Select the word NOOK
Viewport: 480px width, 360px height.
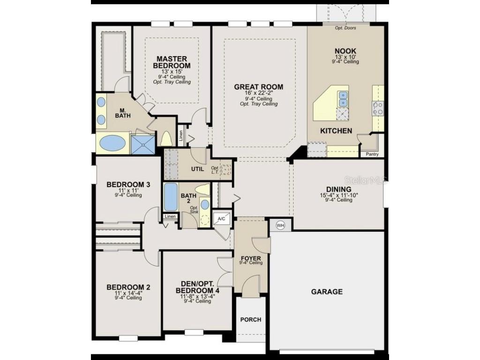click(345, 51)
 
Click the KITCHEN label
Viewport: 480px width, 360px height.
click(336, 131)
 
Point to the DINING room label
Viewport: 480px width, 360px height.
click(336, 189)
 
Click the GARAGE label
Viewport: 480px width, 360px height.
click(327, 292)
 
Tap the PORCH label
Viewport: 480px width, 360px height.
click(251, 320)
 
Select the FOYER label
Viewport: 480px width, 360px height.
click(251, 258)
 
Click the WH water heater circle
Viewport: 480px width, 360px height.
click(281, 225)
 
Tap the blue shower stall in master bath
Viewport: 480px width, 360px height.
click(142, 144)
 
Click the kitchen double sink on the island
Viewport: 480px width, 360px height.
click(343, 98)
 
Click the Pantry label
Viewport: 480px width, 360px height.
click(372, 154)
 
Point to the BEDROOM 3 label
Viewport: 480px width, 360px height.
click(128, 185)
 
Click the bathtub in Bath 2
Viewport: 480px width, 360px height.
click(171, 198)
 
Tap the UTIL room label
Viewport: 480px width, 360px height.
click(197, 169)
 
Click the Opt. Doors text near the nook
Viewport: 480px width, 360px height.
click(345, 28)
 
